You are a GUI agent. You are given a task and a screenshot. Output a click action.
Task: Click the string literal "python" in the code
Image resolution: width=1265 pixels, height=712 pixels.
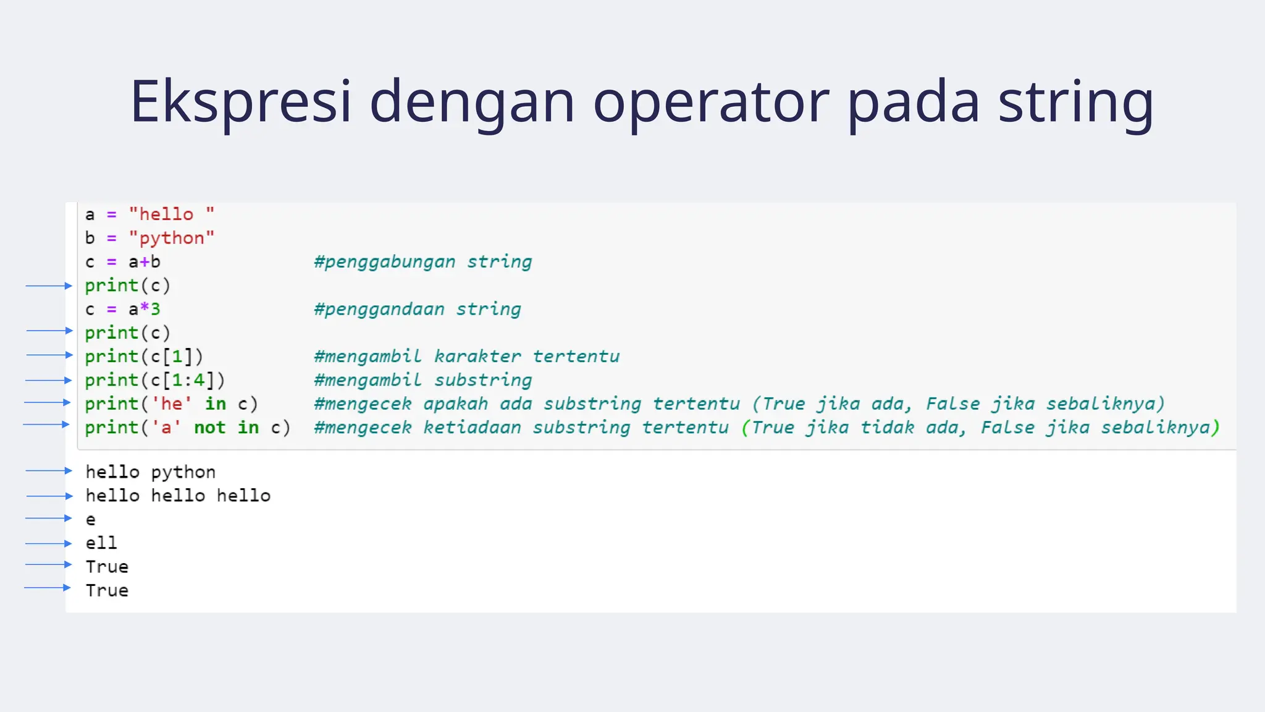click(171, 238)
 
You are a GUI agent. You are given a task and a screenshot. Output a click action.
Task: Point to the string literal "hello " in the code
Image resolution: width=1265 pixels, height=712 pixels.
click(171, 214)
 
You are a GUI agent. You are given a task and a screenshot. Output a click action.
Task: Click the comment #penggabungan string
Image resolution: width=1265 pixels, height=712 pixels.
click(422, 262)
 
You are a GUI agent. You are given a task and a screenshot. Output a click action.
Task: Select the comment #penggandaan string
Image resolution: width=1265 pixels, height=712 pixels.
click(417, 309)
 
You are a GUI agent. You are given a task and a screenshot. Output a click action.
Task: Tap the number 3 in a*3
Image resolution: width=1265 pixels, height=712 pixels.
click(156, 309)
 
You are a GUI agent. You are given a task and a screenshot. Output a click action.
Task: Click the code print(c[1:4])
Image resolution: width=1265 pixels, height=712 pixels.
click(154, 380)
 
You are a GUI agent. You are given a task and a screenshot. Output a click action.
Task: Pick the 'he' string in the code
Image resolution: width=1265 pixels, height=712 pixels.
click(172, 404)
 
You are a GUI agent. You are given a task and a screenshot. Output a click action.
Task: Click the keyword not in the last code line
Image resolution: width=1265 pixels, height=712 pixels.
click(209, 428)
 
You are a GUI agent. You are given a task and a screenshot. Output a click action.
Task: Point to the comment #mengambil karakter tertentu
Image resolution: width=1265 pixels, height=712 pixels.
click(466, 357)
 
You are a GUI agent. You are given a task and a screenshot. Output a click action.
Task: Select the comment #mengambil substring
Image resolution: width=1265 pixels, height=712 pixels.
click(422, 380)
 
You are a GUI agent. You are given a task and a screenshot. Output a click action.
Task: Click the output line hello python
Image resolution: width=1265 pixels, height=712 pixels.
click(150, 472)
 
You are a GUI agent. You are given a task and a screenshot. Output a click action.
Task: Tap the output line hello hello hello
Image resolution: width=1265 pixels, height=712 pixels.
click(178, 496)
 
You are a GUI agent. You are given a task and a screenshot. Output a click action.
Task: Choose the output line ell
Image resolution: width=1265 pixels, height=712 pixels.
click(101, 543)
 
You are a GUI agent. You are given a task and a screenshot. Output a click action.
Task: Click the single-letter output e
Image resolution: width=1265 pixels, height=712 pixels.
click(91, 520)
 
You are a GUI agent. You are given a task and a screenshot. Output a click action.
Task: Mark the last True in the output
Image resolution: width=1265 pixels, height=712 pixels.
click(107, 591)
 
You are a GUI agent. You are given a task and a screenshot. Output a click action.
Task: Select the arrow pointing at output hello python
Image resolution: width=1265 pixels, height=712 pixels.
click(49, 471)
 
